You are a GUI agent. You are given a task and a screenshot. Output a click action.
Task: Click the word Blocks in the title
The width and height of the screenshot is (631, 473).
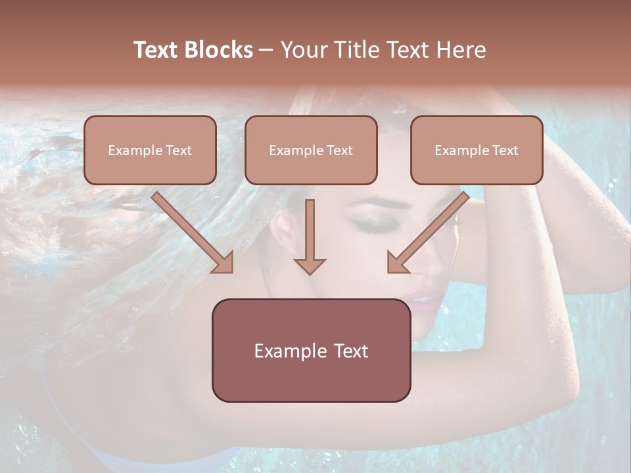[220, 50]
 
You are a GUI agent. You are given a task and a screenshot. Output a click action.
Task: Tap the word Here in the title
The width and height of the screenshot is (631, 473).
[460, 50]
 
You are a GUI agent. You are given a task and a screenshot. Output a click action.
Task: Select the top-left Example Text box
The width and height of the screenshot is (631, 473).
[150, 150]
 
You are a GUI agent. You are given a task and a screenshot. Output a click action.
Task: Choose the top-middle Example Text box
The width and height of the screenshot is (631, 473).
[311, 150]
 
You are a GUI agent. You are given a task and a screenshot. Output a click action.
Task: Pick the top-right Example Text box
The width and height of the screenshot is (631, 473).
[477, 150]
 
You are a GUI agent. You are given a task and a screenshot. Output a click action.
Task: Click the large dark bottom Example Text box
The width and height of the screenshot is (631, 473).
[311, 350]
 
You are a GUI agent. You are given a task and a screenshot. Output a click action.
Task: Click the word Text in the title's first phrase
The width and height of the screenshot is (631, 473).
[156, 50]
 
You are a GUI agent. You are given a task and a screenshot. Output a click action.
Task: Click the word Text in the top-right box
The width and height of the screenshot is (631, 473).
[505, 150]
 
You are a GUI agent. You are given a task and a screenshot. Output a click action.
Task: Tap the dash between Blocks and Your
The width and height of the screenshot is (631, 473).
[267, 50]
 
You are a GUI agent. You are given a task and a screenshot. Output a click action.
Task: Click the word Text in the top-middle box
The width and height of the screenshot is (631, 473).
[339, 150]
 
